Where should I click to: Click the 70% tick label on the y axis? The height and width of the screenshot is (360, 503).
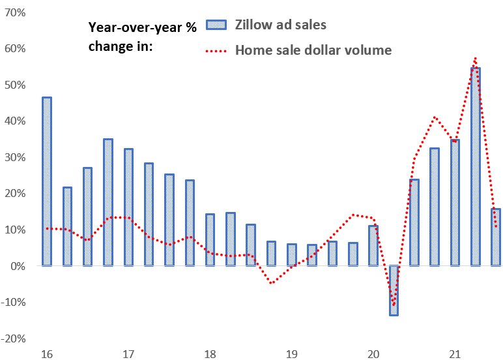click(14, 12)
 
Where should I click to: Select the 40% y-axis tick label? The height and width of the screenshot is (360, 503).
click(14, 121)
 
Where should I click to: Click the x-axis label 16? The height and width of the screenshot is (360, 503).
click(46, 354)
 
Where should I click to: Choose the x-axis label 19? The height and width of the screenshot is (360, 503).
click(291, 354)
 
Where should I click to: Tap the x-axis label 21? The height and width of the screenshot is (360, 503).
click(455, 354)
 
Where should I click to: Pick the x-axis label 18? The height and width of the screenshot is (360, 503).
click(210, 354)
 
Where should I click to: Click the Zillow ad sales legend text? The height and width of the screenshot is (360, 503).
click(281, 25)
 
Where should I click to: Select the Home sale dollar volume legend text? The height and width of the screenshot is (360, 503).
click(313, 50)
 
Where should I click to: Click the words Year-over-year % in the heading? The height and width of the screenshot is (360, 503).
click(141, 27)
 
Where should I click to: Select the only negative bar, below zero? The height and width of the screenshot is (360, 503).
click(394, 290)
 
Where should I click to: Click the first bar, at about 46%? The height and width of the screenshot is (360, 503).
click(47, 181)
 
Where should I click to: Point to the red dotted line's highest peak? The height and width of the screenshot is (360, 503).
click(476, 58)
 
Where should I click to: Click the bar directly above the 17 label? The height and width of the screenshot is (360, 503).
click(128, 207)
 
